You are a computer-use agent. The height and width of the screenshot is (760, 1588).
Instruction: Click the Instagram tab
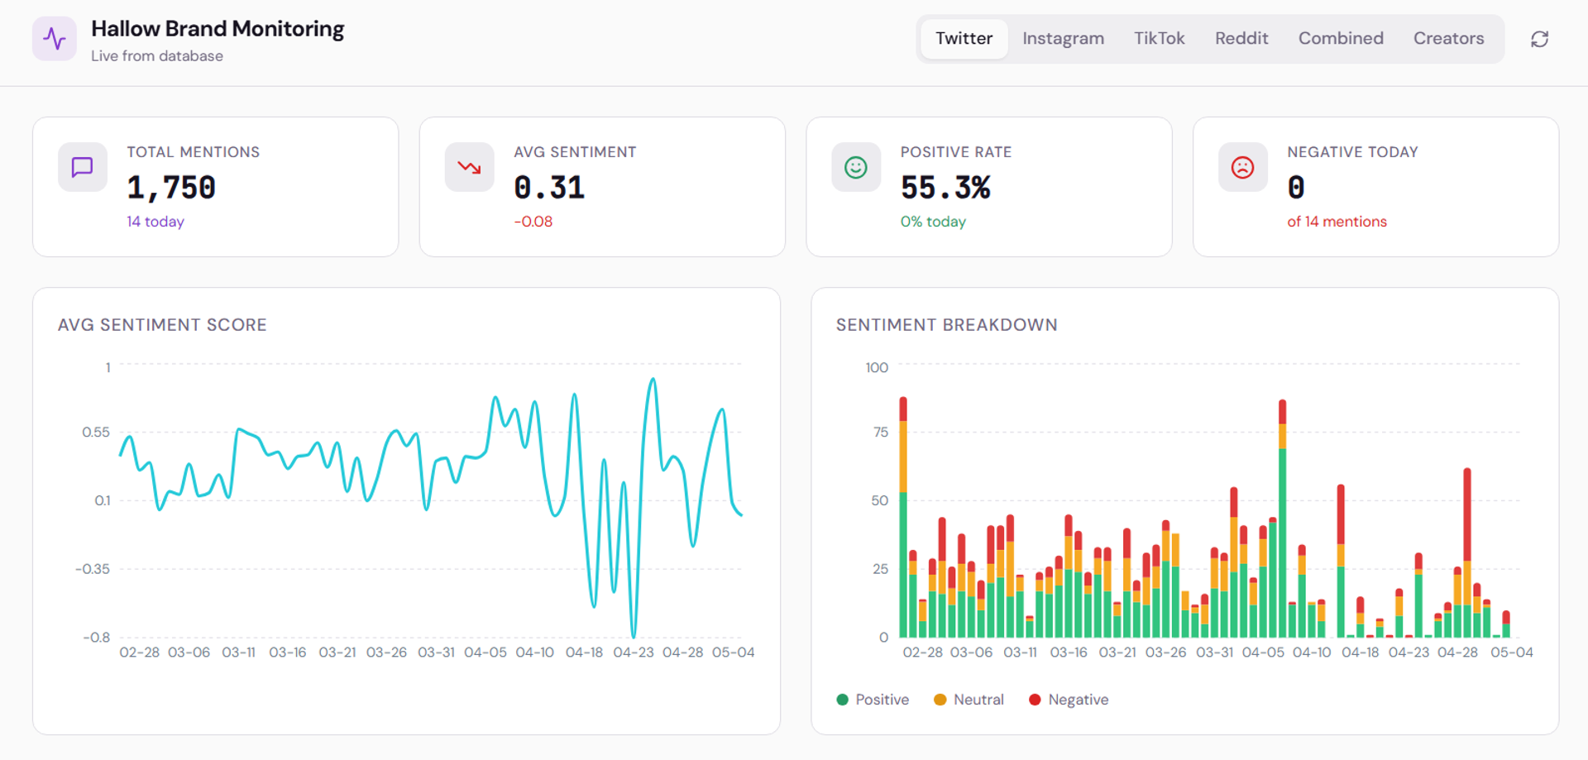[x=1063, y=39]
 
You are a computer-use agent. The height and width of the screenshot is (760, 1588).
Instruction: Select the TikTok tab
[x=1159, y=39]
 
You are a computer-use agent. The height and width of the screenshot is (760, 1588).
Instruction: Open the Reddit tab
[x=1241, y=39]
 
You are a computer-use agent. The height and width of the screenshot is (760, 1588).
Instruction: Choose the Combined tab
[x=1341, y=39]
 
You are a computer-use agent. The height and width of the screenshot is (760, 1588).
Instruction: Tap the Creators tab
[x=1448, y=39]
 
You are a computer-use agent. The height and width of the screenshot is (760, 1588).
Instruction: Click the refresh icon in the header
[x=1539, y=39]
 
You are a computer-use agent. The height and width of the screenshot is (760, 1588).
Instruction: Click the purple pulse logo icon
[x=55, y=39]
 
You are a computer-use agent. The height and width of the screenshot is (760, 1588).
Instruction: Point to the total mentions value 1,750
[x=171, y=188]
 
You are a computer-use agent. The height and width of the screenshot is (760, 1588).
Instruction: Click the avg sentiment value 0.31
[x=549, y=188]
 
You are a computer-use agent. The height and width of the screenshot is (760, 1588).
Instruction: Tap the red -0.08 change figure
[x=533, y=222]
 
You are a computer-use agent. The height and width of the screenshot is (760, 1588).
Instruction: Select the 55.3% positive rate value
[x=945, y=188]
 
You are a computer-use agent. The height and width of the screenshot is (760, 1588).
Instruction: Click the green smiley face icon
[x=856, y=168]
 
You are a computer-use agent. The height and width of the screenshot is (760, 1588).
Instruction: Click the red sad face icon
[x=1242, y=168]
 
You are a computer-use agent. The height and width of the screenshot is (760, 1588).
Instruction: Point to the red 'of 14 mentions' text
[x=1337, y=222]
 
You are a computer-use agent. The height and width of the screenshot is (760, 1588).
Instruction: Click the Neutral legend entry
[x=969, y=700]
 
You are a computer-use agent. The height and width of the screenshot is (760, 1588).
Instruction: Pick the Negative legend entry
[x=1069, y=700]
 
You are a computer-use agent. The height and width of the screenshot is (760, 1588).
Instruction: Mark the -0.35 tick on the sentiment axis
[x=93, y=569]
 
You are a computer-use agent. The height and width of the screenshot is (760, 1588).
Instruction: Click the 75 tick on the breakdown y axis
[x=881, y=432]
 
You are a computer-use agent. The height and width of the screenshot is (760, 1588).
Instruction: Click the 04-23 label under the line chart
[x=634, y=652]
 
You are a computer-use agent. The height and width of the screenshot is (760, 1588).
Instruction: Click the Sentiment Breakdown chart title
[x=946, y=325]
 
